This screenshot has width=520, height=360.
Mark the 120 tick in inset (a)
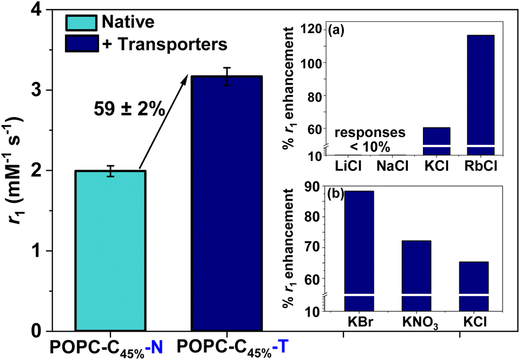[315, 29]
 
